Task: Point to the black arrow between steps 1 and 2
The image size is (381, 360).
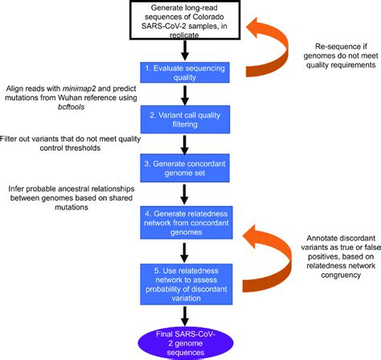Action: (x=186, y=96)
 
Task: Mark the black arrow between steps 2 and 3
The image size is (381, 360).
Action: (x=186, y=145)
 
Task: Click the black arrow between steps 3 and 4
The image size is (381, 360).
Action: (x=186, y=193)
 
